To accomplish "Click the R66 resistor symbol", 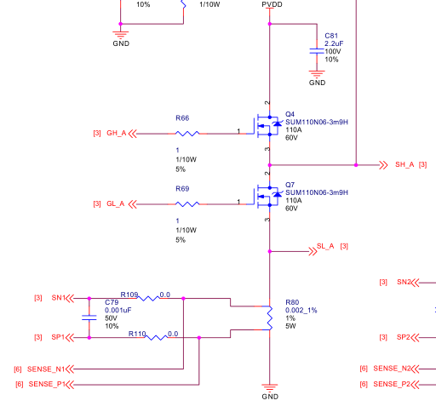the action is [187, 134].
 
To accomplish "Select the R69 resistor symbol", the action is [187, 204].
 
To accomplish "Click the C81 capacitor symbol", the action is [317, 51].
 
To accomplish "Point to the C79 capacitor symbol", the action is [89, 318].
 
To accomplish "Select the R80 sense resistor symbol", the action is [269, 318].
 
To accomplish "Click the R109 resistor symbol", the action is [148, 298].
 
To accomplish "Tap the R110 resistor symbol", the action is [157, 337].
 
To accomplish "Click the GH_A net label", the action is [117, 133].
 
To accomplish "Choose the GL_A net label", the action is [116, 203].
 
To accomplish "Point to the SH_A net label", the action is [404, 164].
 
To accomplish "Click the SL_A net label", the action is [325, 246].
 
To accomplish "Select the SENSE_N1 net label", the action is [46, 369].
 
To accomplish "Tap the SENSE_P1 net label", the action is [47, 384].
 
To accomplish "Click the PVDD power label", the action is [272, 4].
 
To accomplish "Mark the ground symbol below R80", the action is [270, 387].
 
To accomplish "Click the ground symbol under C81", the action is [317, 74].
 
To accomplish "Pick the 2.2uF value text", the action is [334, 43].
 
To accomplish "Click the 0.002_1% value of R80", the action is [301, 310].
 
